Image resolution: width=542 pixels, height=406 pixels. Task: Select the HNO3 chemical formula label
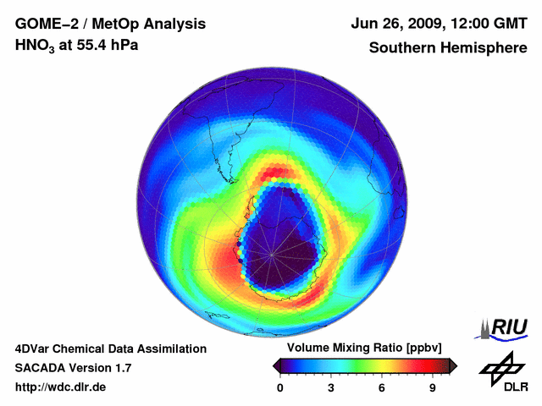[x=35, y=46]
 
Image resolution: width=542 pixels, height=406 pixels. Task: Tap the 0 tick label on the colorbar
[x=280, y=388]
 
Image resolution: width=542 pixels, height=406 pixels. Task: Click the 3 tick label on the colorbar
[x=331, y=388]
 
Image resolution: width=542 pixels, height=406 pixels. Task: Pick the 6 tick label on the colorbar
[x=382, y=388]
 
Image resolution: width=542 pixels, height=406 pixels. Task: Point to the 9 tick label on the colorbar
[x=432, y=388]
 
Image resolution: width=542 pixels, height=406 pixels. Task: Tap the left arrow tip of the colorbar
[x=275, y=365]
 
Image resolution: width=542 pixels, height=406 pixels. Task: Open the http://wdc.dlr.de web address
[x=61, y=387]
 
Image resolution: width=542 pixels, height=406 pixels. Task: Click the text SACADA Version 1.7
[x=73, y=368]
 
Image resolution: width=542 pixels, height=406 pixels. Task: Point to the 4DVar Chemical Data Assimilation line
[x=110, y=348]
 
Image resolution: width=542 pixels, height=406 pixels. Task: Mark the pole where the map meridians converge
[x=272, y=253]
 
